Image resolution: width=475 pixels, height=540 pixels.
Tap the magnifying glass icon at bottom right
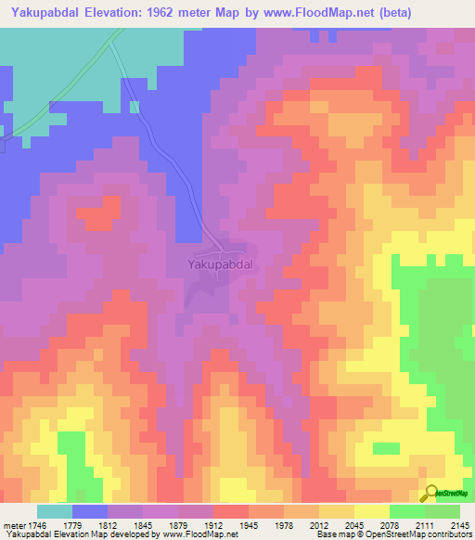[431, 495]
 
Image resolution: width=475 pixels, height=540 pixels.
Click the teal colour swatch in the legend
[54, 511]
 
